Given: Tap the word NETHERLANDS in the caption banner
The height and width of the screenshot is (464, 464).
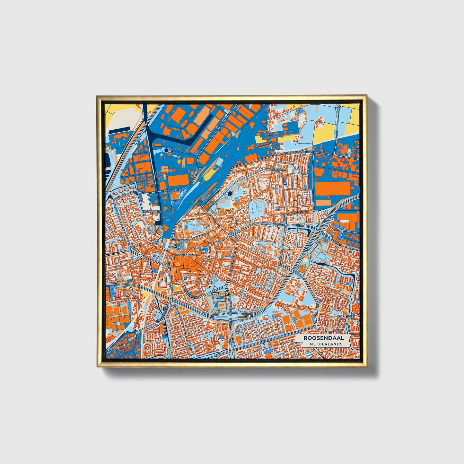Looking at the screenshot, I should point(326,344).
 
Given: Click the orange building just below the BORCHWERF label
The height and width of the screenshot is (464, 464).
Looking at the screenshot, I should point(175,196).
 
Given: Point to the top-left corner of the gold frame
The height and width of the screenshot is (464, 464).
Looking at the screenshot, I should point(97,96).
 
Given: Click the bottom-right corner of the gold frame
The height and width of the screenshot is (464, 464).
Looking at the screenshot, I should point(366,366).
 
